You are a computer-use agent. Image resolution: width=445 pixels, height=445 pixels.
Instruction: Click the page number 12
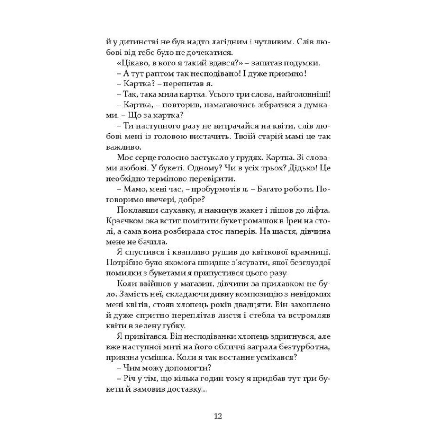click(218, 417)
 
